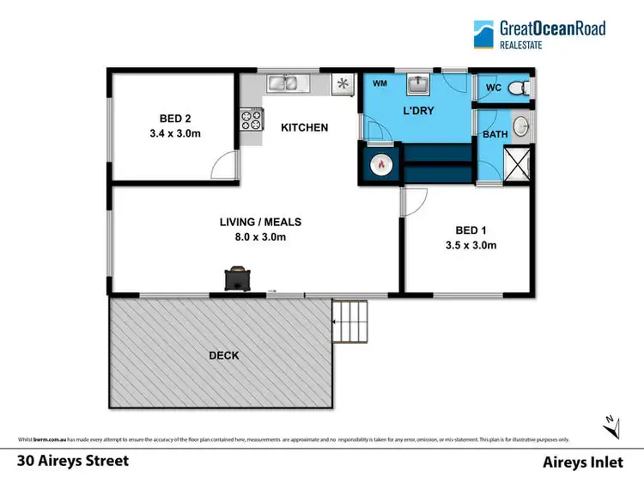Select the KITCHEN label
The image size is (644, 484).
(304, 128)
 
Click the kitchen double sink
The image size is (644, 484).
(283, 83)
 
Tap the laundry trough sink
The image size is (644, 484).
(419, 84)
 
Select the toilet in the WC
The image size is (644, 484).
(517, 88)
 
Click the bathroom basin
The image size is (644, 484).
(521, 129)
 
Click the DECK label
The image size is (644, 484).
(222, 355)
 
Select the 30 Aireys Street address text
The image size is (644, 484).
(73, 461)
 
